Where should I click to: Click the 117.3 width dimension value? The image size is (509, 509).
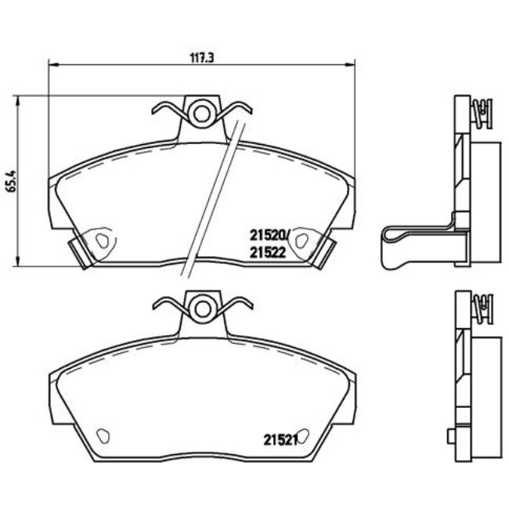click(201, 57)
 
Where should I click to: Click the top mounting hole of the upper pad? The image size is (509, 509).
click(202, 114)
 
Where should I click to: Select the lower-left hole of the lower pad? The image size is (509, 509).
click(100, 432)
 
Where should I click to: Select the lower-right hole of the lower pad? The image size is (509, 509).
click(301, 432)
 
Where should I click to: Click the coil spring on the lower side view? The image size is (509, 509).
click(486, 306)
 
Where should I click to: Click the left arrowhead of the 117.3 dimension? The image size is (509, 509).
click(52, 65)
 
